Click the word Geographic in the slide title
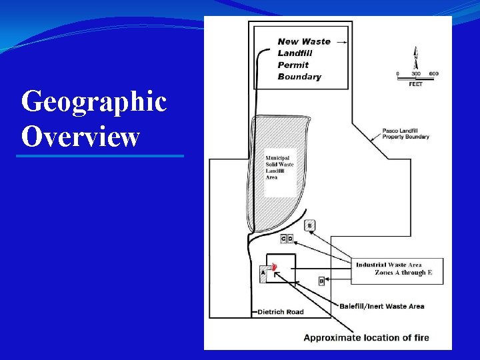click(93, 103)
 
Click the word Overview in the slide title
click(81, 137)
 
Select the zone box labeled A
click(263, 273)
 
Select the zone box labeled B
click(321, 281)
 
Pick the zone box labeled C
click(283, 239)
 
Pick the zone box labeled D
click(290, 239)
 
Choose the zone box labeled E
click(309, 225)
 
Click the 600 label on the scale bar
click(434, 73)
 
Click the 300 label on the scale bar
click(416, 73)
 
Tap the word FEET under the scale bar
click(416, 85)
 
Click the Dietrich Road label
click(280, 312)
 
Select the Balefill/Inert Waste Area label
click(382, 307)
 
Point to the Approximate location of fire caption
click(367, 337)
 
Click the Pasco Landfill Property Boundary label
click(405, 133)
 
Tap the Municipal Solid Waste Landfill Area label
click(279, 165)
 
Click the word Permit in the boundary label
click(293, 65)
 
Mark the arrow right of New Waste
click(341, 41)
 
